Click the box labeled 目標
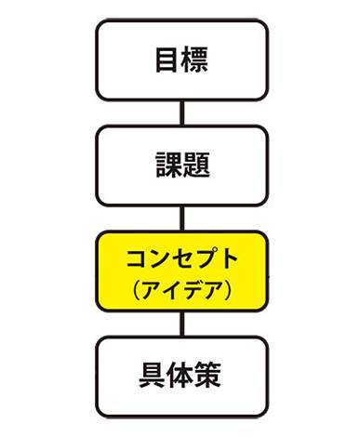coord(181,60)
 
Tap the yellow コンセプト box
coord(181,271)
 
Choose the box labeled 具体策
coord(181,377)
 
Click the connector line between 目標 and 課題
coord(182,113)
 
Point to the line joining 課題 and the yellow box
coord(182,218)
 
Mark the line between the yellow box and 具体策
coord(182,324)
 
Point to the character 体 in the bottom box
coord(181,377)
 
